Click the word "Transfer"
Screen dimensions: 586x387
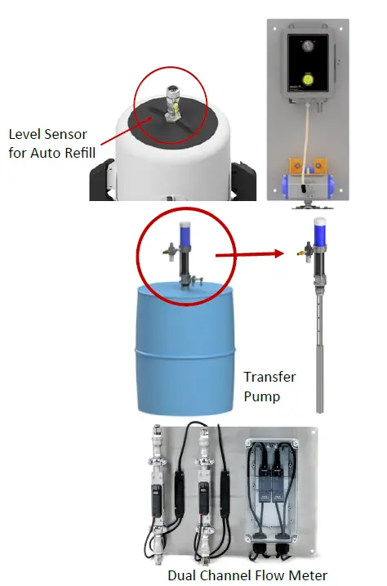pos(269,378)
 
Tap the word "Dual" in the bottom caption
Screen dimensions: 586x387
pos(183,575)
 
